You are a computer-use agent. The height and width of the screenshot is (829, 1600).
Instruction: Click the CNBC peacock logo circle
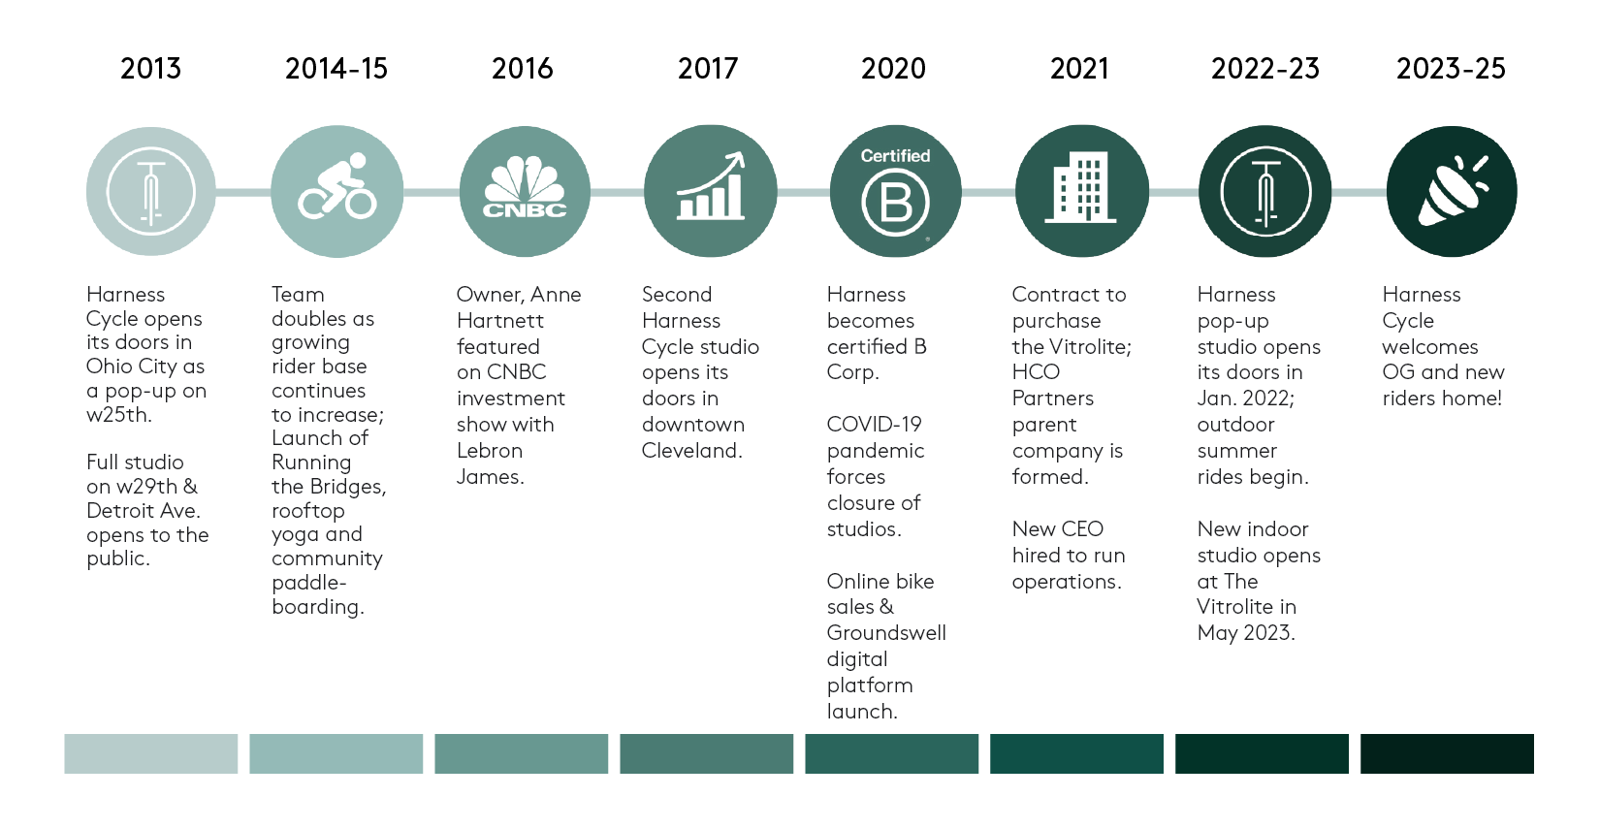tap(525, 191)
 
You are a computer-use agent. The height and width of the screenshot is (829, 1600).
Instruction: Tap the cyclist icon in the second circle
tap(337, 191)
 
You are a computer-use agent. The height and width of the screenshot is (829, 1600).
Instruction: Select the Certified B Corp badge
tap(895, 191)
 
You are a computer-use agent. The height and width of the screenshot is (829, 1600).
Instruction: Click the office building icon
tap(1081, 191)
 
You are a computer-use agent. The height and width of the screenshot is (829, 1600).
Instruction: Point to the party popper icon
tap(1452, 191)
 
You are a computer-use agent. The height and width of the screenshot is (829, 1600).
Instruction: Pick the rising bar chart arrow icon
tap(711, 191)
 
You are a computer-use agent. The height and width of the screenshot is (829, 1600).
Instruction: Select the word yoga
tap(295, 535)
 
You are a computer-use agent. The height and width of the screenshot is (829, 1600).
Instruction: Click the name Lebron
tap(490, 451)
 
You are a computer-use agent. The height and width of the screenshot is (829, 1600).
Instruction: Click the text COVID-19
tap(874, 425)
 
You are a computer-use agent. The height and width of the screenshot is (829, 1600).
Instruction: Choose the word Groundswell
tap(886, 633)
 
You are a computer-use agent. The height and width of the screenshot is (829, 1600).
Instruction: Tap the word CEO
tap(1082, 529)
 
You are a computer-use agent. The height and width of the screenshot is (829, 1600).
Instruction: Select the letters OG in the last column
tap(1398, 372)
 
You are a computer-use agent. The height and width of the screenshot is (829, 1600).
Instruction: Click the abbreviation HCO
tap(1036, 372)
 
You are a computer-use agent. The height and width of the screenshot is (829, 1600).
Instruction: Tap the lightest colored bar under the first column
tap(151, 753)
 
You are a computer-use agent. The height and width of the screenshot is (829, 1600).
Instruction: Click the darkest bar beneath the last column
tap(1447, 753)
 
